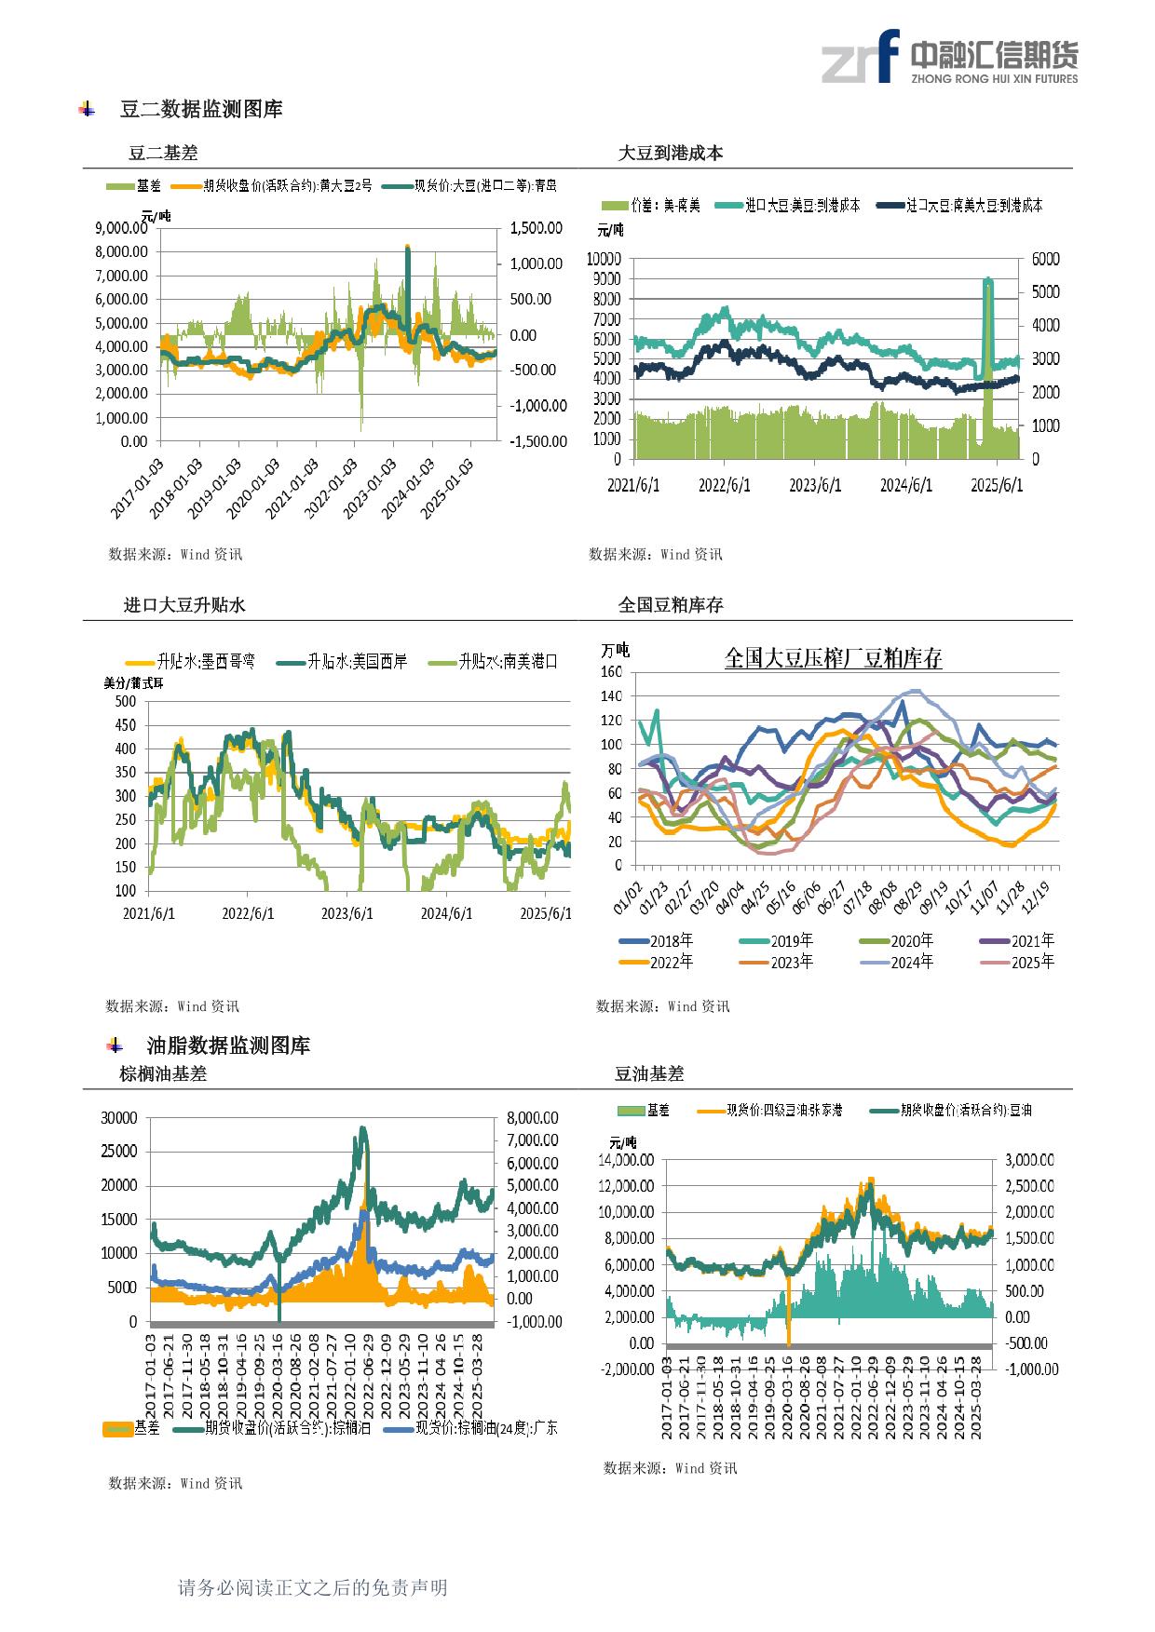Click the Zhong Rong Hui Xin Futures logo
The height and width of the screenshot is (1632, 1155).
point(949,59)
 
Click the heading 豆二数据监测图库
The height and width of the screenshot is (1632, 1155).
point(201,110)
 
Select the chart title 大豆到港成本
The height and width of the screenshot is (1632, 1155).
point(671,154)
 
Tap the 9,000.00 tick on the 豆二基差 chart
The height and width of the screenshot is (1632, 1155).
point(121,227)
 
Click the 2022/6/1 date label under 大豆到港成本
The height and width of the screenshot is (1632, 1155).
point(725,486)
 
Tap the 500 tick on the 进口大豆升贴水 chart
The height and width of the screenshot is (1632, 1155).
point(124,701)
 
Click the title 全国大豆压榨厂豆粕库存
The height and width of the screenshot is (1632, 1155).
point(833,659)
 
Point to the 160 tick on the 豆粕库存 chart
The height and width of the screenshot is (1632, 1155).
point(611,671)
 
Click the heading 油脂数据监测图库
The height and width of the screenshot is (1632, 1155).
point(228,1045)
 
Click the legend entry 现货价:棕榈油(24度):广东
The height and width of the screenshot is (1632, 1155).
point(485,1427)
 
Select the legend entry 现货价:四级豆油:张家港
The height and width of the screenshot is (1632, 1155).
point(783,1110)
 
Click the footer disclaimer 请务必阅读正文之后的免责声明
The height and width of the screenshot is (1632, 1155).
point(313,1587)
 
